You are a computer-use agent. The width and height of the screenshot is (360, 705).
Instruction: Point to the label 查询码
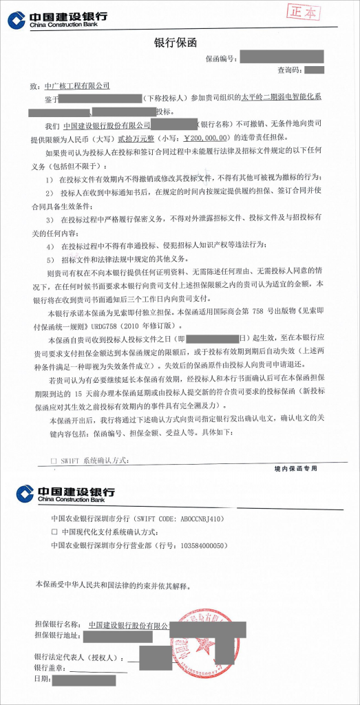288,70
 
